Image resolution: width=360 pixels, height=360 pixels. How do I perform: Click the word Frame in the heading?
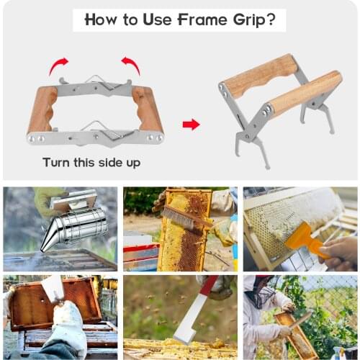click(x=202, y=19)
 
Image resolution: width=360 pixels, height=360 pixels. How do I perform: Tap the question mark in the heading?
click(x=270, y=19)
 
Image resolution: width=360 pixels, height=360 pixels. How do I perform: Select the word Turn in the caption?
click(x=57, y=162)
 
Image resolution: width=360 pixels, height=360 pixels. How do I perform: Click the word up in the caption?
click(x=133, y=163)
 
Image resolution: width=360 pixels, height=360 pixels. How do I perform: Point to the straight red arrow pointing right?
click(x=191, y=125)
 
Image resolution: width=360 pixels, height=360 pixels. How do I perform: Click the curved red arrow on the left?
click(x=58, y=66)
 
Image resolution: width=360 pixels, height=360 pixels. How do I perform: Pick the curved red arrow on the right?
click(x=131, y=66)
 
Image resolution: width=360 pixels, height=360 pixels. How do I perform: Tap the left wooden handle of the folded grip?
click(x=42, y=109)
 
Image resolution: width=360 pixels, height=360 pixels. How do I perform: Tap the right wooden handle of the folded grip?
click(x=147, y=109)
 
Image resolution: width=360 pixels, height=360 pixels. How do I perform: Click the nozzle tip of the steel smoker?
click(x=42, y=250)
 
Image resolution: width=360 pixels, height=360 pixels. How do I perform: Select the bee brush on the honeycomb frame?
click(x=186, y=219)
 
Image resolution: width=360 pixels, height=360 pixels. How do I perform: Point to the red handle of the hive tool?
click(x=209, y=287)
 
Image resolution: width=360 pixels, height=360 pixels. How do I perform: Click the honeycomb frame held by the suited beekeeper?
click(x=297, y=334)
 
